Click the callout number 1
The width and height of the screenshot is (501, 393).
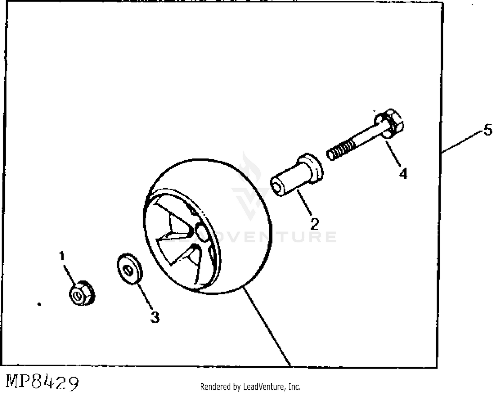(x=61, y=256)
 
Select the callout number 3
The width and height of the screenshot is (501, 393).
(x=155, y=317)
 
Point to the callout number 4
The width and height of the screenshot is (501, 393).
(x=403, y=174)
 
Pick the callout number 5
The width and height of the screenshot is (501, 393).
(x=488, y=130)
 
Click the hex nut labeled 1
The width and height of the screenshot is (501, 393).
(x=81, y=294)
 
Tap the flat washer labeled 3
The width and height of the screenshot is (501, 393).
(x=130, y=269)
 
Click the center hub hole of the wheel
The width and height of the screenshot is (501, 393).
(x=201, y=230)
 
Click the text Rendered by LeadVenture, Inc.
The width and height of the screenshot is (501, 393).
(x=250, y=387)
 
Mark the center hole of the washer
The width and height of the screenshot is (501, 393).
(x=127, y=269)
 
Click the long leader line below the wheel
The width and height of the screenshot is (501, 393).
(x=267, y=327)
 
